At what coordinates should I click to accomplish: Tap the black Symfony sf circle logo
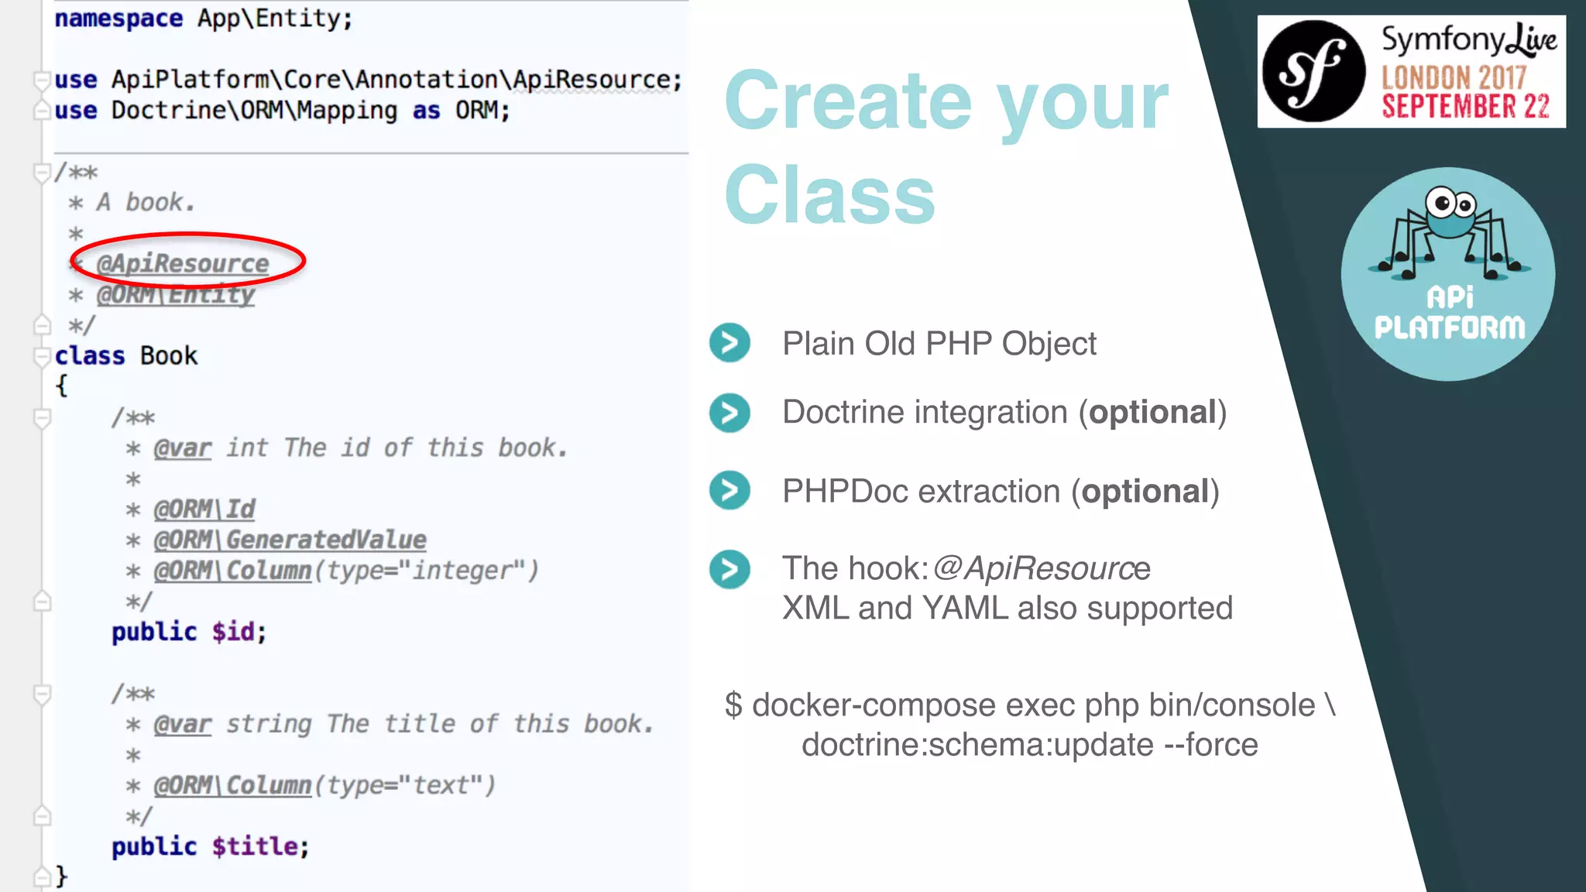click(1313, 71)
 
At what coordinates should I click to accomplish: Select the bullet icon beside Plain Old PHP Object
click(729, 343)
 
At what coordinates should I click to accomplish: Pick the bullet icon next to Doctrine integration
click(729, 413)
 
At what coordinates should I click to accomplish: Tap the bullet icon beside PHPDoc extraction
click(729, 490)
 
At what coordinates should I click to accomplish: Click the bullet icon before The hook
click(729, 569)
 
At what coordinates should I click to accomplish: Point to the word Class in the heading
click(830, 195)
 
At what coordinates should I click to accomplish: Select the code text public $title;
click(210, 846)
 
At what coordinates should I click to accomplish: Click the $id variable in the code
click(233, 632)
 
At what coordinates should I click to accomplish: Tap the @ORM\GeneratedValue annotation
click(290, 540)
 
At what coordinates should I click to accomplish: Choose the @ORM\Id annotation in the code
click(204, 509)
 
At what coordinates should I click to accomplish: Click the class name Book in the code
click(169, 355)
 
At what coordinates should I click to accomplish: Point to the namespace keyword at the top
click(118, 18)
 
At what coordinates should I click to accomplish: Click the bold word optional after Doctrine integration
click(1152, 413)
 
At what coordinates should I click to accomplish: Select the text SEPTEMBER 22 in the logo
click(1465, 107)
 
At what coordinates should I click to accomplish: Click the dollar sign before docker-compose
click(733, 705)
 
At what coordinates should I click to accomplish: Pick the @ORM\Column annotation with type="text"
click(232, 785)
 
